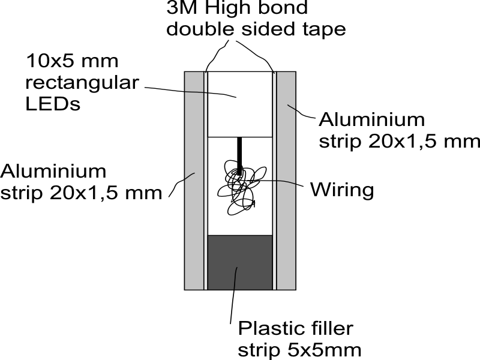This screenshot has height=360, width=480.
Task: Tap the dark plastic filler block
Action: point(240,264)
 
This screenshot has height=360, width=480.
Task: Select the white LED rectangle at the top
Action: point(240,103)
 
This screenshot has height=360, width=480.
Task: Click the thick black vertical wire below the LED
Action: point(239,153)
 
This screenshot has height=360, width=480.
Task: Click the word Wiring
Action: point(342,190)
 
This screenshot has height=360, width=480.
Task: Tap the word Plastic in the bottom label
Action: point(265,328)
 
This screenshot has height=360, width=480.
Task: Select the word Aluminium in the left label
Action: point(53,171)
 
